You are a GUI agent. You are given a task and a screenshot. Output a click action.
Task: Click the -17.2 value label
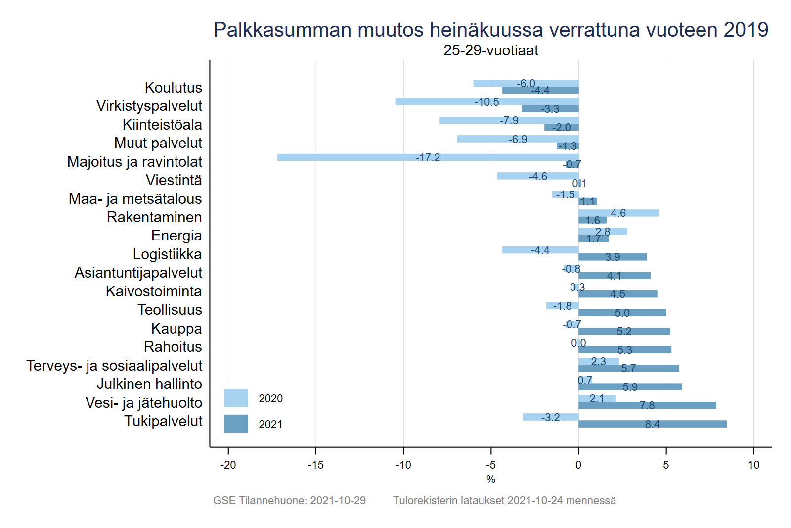tap(428, 157)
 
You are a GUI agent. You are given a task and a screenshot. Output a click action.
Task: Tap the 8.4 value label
tap(652, 424)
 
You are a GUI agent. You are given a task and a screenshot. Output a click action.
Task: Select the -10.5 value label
tap(486, 102)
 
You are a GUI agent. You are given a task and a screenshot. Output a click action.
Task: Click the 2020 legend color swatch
tap(236, 398)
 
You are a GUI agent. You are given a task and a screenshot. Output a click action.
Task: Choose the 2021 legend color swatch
tap(236, 424)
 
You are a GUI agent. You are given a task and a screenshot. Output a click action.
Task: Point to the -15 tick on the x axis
tap(315, 465)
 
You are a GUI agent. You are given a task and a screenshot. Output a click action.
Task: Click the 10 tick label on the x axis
tap(753, 465)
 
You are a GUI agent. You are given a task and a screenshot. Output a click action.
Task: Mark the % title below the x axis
tap(490, 479)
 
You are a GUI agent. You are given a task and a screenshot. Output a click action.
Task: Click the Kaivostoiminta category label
tap(154, 291)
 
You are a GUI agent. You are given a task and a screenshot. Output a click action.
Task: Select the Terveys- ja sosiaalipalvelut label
tap(114, 366)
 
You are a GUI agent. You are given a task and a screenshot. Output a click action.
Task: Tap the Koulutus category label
tap(173, 88)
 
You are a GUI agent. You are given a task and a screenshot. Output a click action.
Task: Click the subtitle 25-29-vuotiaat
tap(490, 50)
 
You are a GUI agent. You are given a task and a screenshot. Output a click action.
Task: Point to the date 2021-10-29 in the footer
tap(338, 500)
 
